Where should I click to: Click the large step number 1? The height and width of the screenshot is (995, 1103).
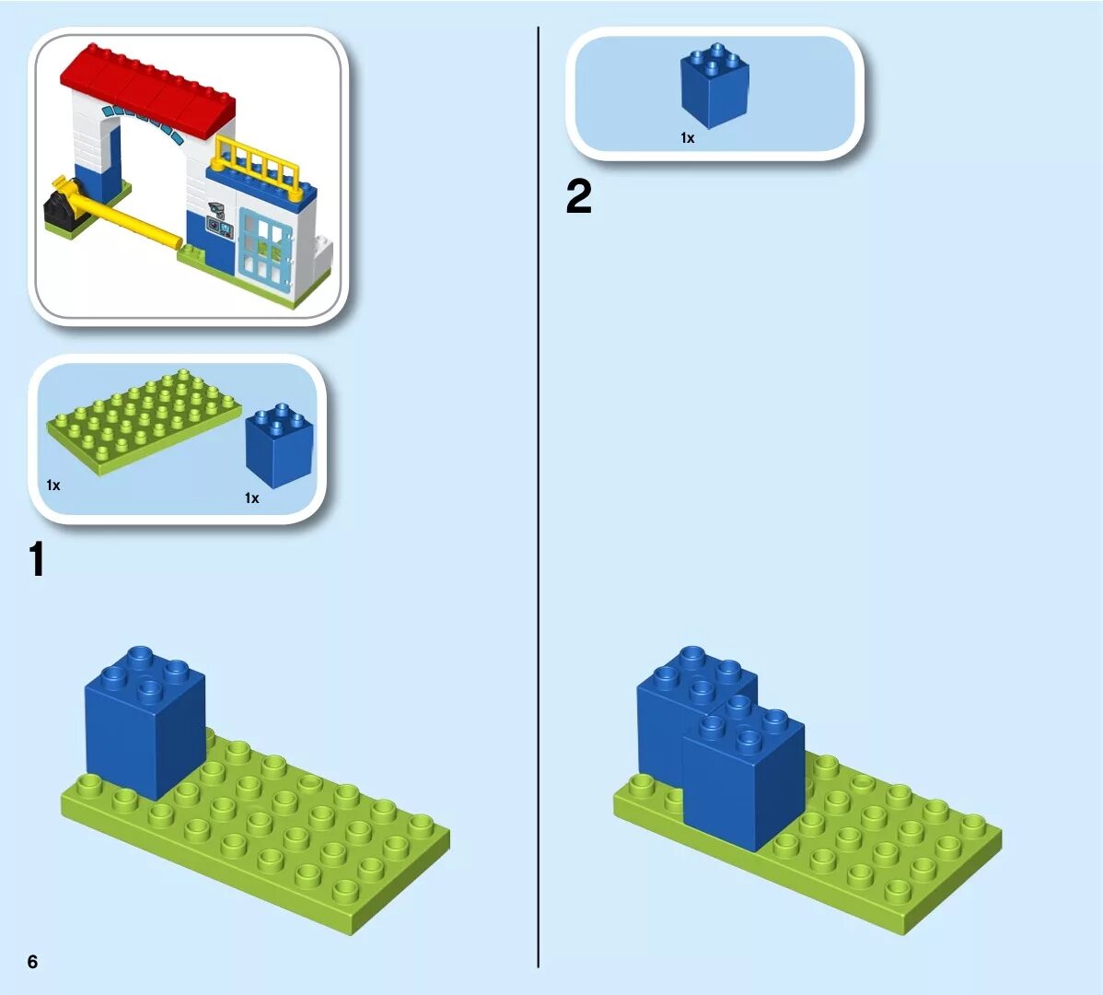point(36,559)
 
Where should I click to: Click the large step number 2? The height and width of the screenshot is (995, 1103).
point(578,197)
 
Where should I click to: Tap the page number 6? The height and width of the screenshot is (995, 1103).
point(33,962)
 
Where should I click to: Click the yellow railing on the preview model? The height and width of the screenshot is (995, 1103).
point(258,166)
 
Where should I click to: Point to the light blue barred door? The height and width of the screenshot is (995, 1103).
point(267,245)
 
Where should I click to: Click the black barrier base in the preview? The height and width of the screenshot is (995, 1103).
point(62,208)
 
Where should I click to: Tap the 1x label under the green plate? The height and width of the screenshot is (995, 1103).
point(53,485)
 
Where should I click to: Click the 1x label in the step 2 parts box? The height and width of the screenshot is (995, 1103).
point(687,138)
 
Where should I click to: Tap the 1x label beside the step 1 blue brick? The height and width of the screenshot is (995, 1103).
point(251,498)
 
